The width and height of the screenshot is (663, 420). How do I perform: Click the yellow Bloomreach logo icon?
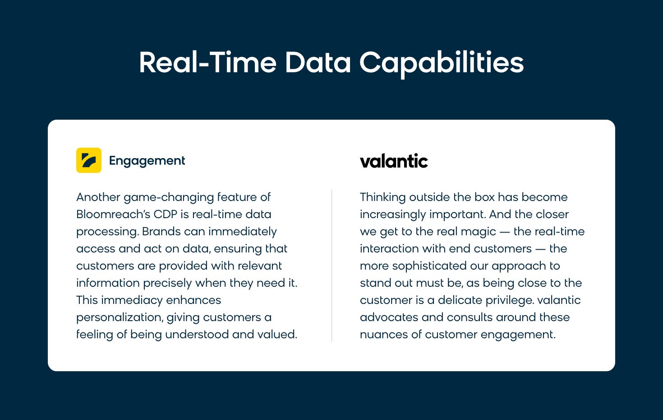click(89, 160)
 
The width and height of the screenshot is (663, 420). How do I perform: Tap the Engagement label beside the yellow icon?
click(147, 161)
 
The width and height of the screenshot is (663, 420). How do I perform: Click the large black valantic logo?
click(394, 161)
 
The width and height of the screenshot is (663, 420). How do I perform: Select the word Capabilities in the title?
click(442, 63)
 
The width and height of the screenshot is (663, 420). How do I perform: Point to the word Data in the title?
click(318, 62)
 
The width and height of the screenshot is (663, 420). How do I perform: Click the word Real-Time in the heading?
click(208, 62)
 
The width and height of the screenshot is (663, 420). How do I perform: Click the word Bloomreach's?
click(113, 215)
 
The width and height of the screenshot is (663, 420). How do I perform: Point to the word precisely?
click(167, 283)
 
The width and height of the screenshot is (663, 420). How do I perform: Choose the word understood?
click(197, 334)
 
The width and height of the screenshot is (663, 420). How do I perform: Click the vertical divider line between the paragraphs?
click(332, 266)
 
